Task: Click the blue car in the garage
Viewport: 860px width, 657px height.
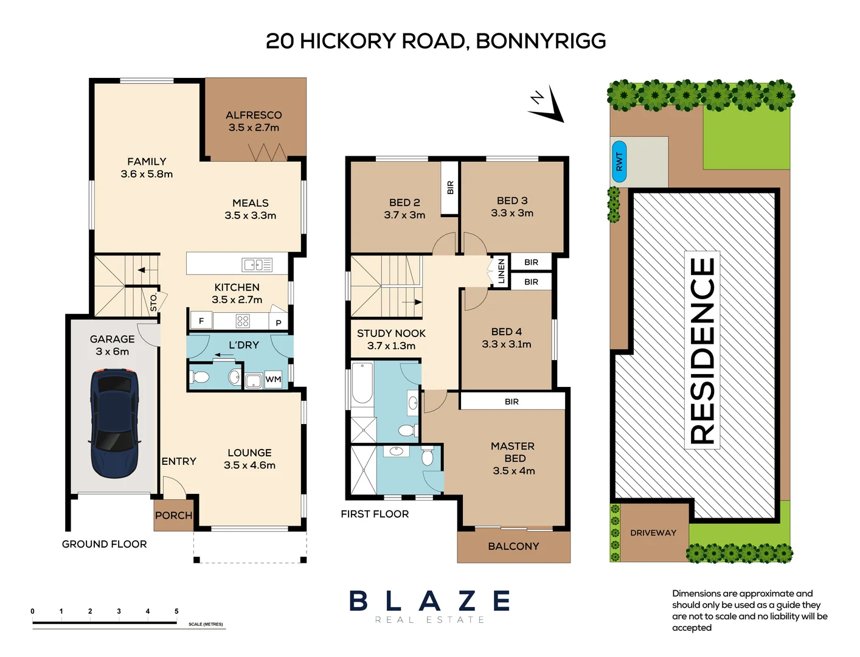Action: pos(114,423)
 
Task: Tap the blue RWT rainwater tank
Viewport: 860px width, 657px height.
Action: pos(619,162)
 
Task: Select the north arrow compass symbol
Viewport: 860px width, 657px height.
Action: pos(547,105)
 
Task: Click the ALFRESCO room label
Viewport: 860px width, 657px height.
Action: pos(254,115)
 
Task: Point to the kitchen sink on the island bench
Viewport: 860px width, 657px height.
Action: pos(257,265)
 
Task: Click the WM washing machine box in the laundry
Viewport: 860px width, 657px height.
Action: pos(273,380)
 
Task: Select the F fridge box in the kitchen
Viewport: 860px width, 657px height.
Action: pos(201,321)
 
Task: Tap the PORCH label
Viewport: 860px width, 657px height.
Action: pos(173,515)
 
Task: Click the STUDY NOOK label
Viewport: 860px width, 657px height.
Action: pos(391,333)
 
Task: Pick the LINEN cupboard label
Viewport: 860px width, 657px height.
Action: pos(501,271)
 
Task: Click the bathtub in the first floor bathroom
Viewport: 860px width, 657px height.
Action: pos(362,383)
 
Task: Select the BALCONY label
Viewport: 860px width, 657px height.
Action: pos(513,546)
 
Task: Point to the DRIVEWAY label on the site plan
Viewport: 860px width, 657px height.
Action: pos(653,533)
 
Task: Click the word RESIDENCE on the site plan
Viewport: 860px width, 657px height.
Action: pos(702,350)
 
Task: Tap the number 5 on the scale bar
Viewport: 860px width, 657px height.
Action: pos(176,611)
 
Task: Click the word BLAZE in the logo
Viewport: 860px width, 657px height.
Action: pos(429,601)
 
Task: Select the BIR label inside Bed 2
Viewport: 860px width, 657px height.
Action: pos(450,188)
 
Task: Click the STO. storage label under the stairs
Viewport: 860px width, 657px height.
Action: pos(153,302)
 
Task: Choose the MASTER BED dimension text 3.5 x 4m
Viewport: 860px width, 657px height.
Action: pos(514,471)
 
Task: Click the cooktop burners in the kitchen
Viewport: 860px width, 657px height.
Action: pos(243,321)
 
